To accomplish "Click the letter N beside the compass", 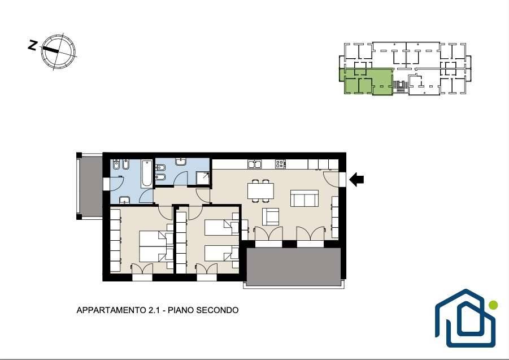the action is (x=32, y=45).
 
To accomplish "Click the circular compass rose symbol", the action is (x=58, y=51).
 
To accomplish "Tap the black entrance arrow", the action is (x=356, y=179).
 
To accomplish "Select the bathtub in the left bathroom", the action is (x=146, y=174).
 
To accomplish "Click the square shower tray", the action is (x=203, y=178).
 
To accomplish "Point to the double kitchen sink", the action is (x=255, y=164).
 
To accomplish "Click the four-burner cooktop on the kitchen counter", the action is (x=280, y=164).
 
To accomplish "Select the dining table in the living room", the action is (x=260, y=191).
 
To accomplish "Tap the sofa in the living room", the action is (x=304, y=198).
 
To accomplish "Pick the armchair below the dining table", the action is (x=271, y=216).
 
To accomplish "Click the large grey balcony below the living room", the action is (x=293, y=267).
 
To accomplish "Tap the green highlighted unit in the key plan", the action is (x=368, y=81).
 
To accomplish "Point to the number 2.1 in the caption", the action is (x=154, y=310).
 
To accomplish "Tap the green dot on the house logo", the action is (x=493, y=305).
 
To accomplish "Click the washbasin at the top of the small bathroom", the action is (x=181, y=162).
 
